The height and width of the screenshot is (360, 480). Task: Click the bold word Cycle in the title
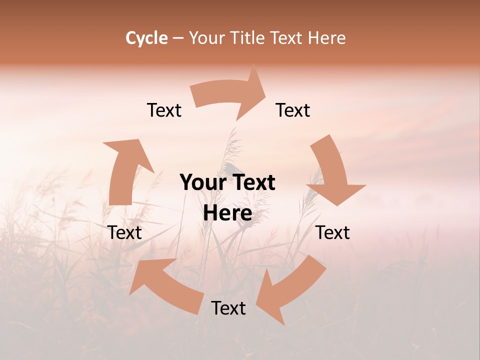coord(146,38)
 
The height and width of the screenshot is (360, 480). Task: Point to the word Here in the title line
coord(326,38)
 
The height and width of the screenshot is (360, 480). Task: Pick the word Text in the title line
coord(287,38)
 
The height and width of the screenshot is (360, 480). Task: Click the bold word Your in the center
coord(201,182)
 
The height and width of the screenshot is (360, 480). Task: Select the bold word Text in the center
coord(252,182)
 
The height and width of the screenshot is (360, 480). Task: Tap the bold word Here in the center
coord(227,213)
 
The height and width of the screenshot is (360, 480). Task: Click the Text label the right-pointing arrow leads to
coord(293,110)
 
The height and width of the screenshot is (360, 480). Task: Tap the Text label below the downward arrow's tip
coord(333,232)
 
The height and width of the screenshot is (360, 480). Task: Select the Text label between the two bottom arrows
coord(228,308)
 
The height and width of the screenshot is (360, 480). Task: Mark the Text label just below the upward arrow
coord(124,232)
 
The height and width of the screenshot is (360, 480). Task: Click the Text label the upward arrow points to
coord(164,110)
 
